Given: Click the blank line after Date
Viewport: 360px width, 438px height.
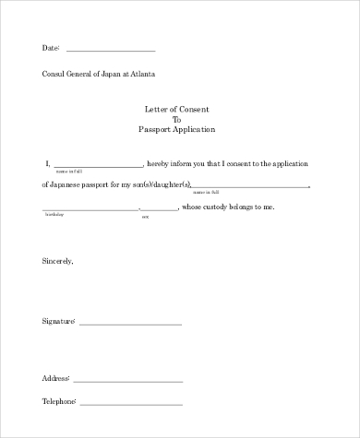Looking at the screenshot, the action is click(x=111, y=50).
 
